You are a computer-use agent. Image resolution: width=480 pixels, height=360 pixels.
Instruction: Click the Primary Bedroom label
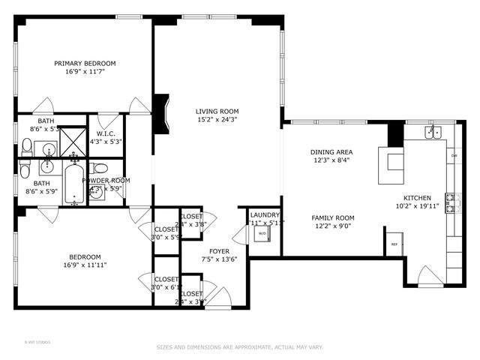[x=85, y=64]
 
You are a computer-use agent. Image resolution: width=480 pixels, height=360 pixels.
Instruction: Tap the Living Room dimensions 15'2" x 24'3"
[x=217, y=119]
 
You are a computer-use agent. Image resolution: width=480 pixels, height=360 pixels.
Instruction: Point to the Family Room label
[x=333, y=217]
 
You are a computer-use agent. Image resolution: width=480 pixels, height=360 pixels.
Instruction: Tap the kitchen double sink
[x=433, y=132]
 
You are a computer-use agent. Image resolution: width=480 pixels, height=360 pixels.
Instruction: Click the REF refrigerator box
[x=394, y=244]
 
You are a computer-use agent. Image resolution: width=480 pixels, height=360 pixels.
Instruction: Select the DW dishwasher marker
[x=454, y=156]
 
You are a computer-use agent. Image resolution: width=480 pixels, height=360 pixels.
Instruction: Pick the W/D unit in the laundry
[x=262, y=233]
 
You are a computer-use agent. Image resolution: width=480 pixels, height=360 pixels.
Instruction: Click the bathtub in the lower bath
[x=74, y=184]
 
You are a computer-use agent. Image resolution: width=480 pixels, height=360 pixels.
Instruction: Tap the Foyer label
[x=220, y=252]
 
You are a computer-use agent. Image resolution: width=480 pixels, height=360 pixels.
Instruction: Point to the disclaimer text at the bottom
[x=240, y=346]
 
